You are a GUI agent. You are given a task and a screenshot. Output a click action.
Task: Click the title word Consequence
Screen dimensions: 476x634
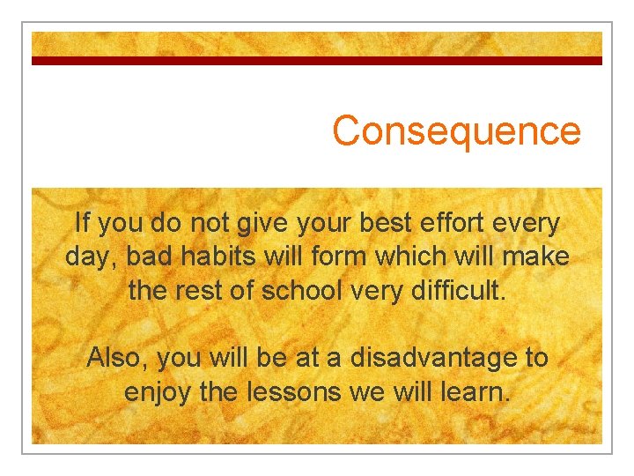click(457, 131)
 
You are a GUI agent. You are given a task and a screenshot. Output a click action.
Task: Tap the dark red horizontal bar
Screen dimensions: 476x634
click(317, 61)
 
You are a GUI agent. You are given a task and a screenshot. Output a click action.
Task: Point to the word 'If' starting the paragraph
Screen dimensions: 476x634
click(83, 223)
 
